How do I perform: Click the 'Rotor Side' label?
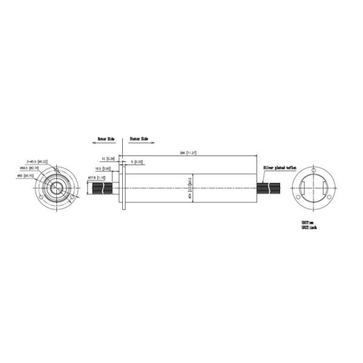[106, 139]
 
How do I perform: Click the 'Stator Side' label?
[139, 139]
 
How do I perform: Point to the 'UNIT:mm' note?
[309, 223]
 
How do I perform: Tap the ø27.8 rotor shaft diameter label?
[97, 177]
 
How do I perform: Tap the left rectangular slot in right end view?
[302, 188]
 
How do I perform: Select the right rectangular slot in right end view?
[327, 188]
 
